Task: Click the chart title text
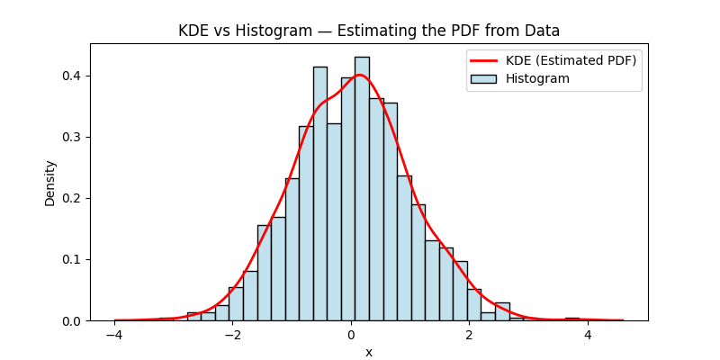[x=369, y=31]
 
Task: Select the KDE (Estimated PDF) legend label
[x=571, y=60]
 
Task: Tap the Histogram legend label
[x=537, y=78]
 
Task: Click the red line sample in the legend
[x=482, y=60]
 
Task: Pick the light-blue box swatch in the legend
[x=482, y=78]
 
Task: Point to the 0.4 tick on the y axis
[x=73, y=76]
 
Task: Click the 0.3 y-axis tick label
[x=73, y=137]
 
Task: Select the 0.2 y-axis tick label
[x=73, y=198]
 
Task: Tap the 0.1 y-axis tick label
[x=73, y=259]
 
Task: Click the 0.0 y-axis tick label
[x=73, y=320]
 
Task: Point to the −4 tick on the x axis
[x=114, y=336]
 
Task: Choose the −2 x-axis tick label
[x=232, y=336]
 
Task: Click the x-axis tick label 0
[x=351, y=336]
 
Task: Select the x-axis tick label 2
[x=469, y=336]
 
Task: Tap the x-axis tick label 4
[x=588, y=336]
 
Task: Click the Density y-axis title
[x=50, y=183]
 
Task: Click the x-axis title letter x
[x=369, y=352]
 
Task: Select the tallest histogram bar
[x=362, y=189]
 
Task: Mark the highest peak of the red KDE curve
[x=360, y=75]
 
